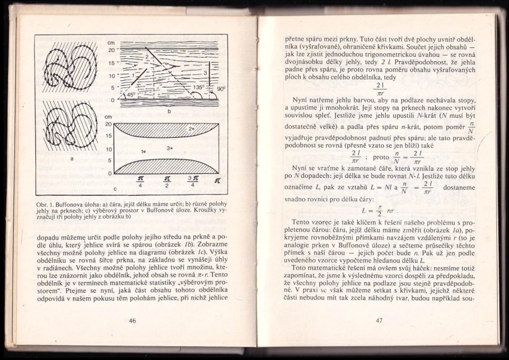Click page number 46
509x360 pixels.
(x=132, y=320)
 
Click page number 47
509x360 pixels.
(x=379, y=320)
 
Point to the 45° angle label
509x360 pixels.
(x=131, y=94)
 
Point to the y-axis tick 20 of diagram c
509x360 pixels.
(x=108, y=124)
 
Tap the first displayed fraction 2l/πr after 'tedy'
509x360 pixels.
(x=380, y=88)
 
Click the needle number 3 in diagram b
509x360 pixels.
(x=205, y=72)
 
